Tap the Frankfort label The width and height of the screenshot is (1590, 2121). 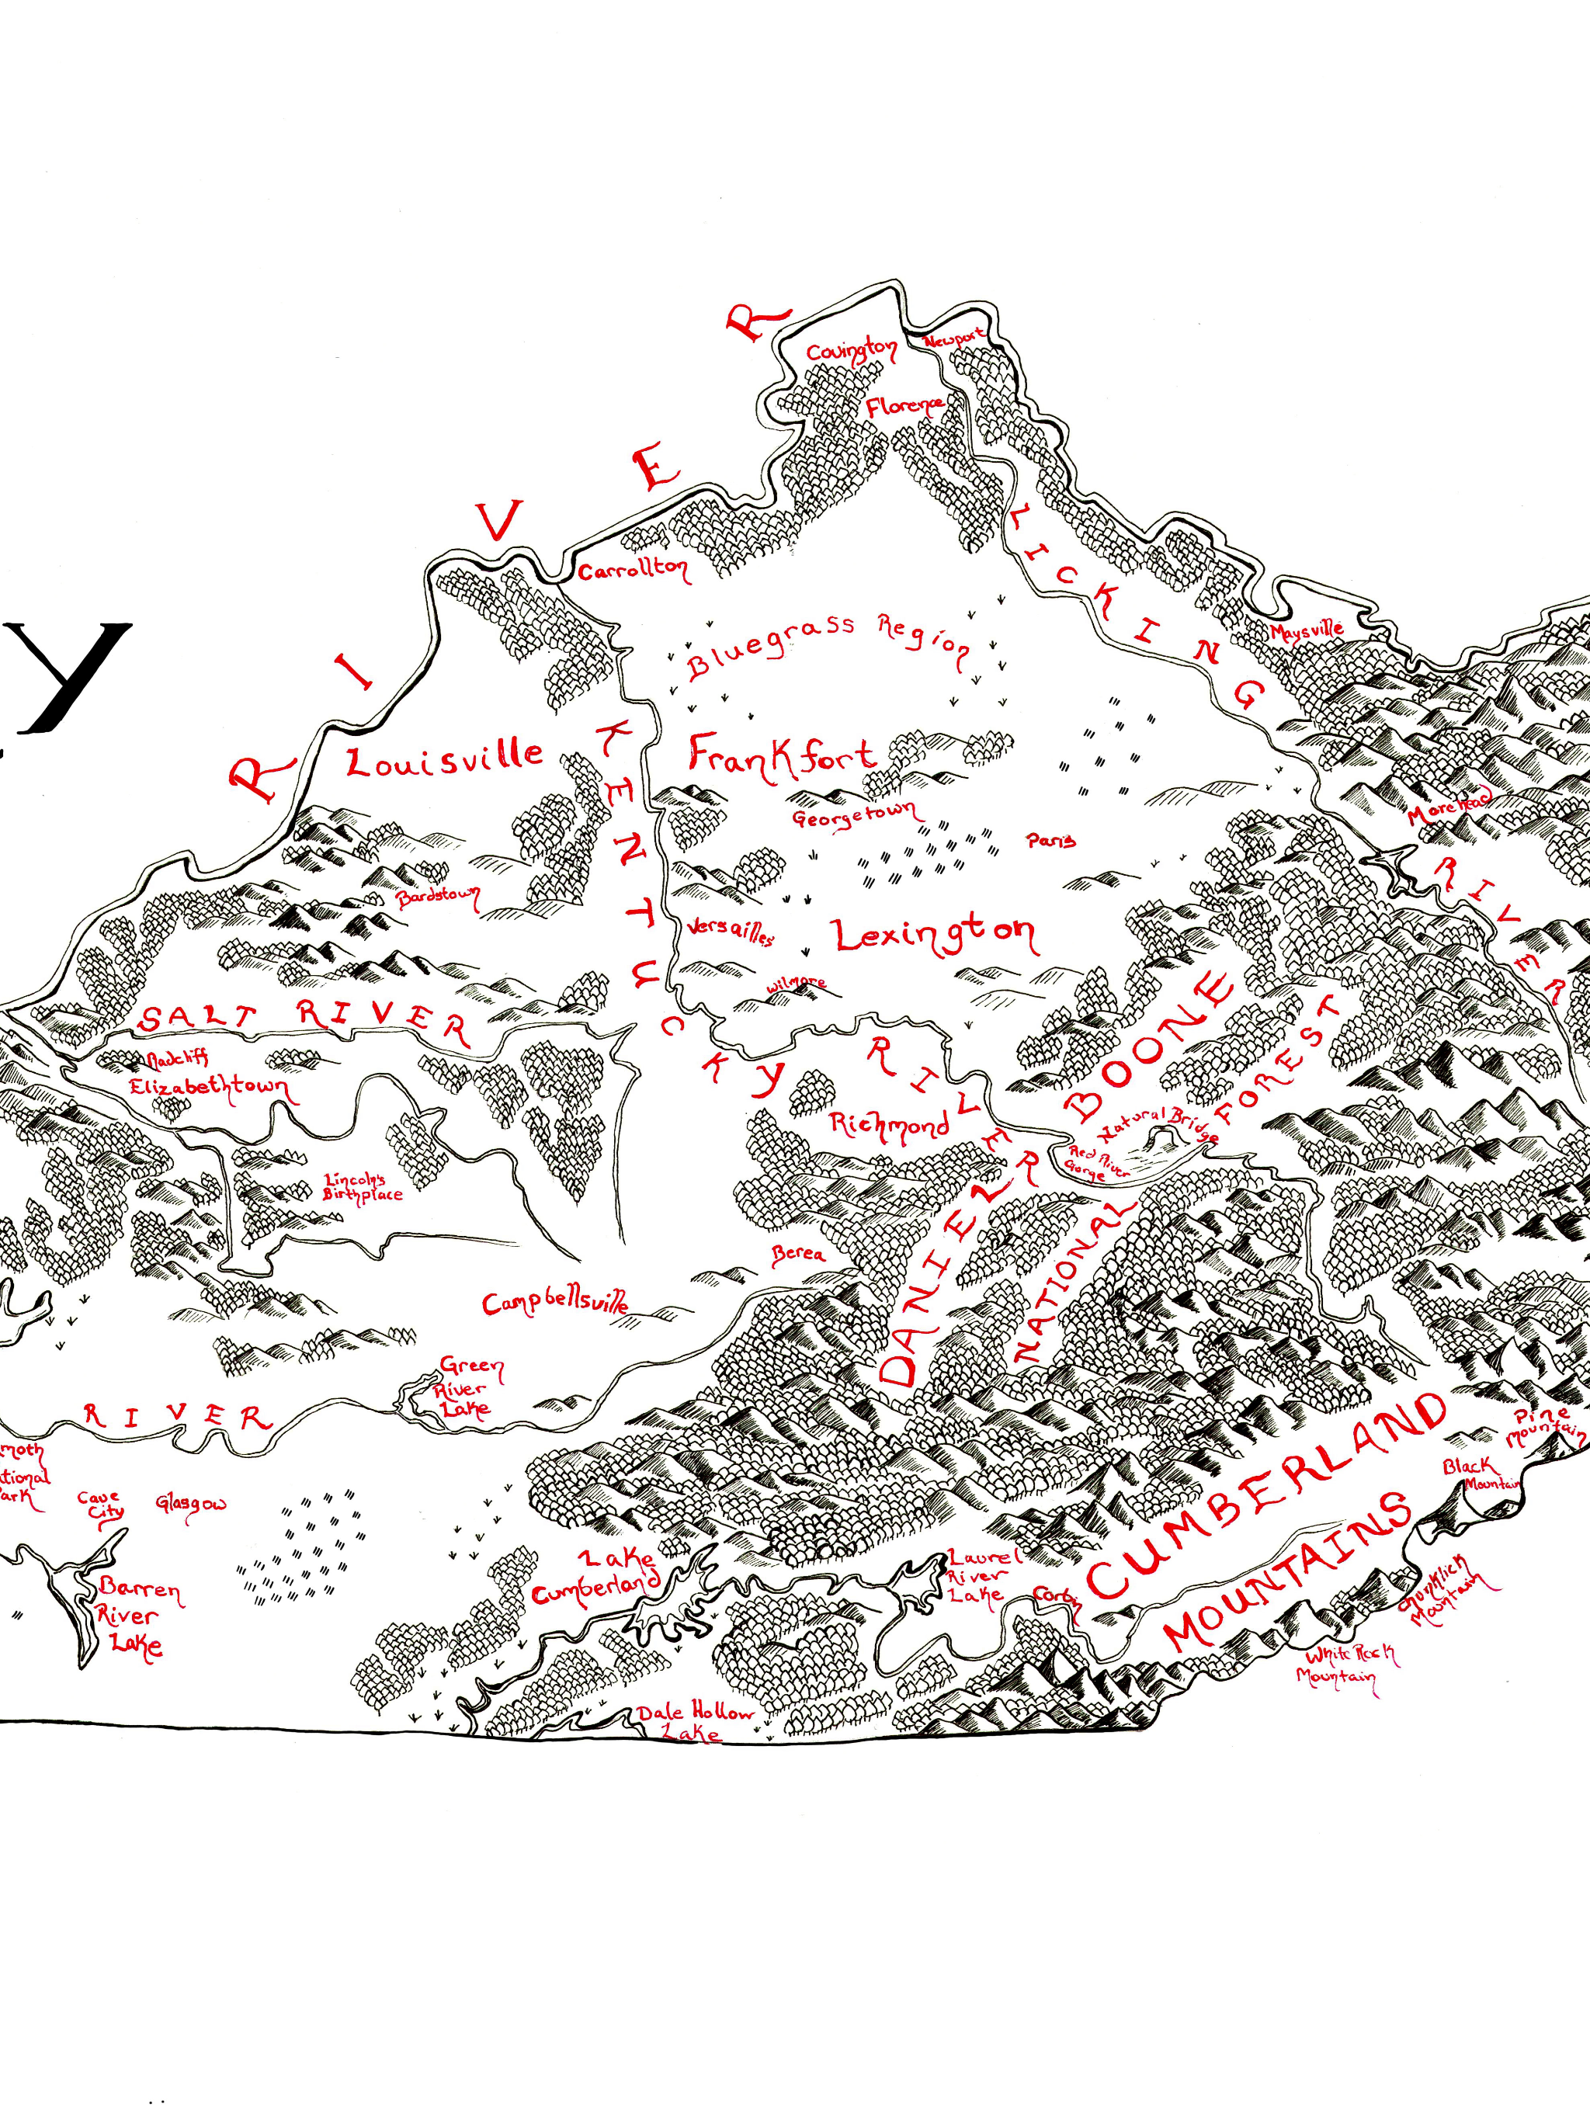pos(782,754)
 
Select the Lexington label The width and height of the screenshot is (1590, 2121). pos(934,934)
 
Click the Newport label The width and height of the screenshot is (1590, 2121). pos(953,339)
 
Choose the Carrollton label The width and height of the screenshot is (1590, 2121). pos(632,570)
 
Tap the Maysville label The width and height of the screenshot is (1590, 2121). pos(1306,630)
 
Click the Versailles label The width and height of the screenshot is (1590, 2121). pos(729,933)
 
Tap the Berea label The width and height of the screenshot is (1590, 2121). pos(798,1252)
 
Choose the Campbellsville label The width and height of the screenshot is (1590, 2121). pos(555,1303)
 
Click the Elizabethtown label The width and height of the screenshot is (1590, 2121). pos(208,1088)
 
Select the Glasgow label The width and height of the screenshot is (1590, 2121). pos(191,1504)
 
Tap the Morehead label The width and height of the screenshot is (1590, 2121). pos(1448,808)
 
